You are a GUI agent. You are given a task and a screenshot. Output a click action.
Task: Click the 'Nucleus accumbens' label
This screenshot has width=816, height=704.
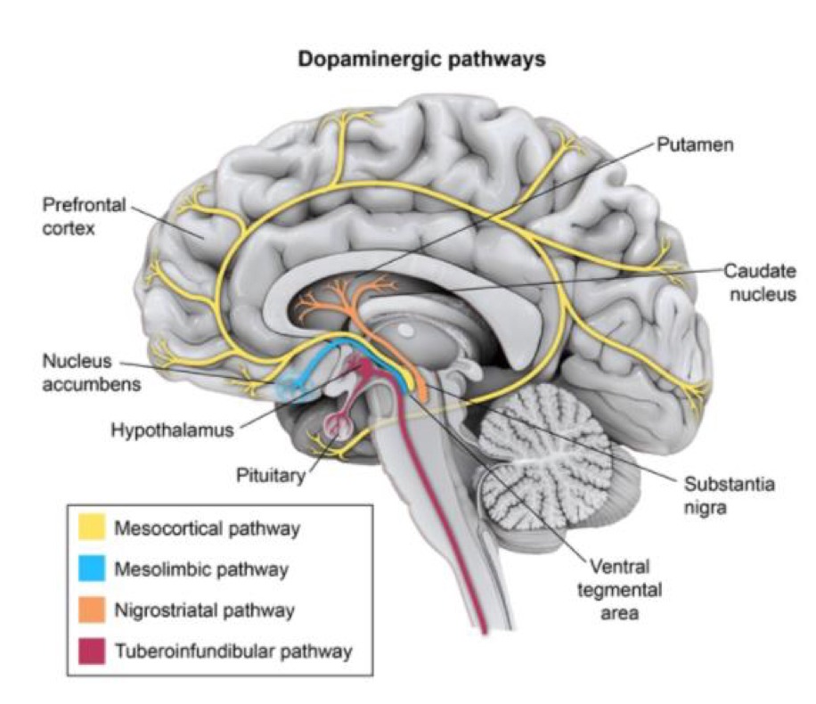pyautogui.click(x=78, y=375)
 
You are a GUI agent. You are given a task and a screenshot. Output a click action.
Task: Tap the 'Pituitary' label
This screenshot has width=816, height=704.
pyautogui.click(x=270, y=474)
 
